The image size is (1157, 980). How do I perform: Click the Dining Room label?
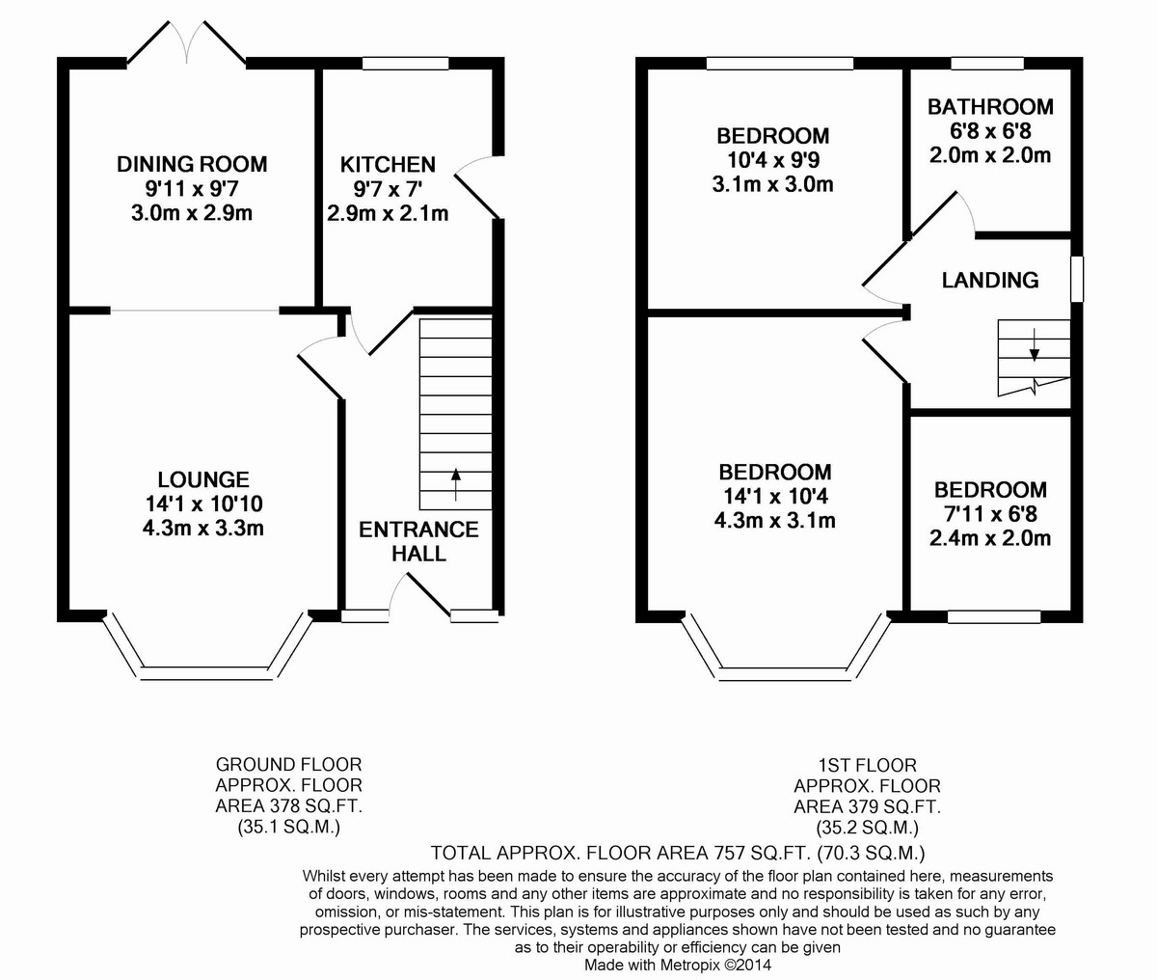pos(192,165)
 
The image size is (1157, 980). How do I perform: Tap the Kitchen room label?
pos(388,165)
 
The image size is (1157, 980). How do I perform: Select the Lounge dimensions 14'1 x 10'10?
pos(203,504)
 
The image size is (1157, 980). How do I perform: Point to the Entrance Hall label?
pos(418,541)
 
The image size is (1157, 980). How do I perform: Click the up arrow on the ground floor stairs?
pos(456,484)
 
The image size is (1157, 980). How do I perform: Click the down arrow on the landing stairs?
pos(1035,344)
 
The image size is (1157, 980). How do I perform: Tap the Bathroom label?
pos(990,107)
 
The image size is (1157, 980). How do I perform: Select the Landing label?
pos(990,280)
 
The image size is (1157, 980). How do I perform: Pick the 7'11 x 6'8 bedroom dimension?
pos(990,514)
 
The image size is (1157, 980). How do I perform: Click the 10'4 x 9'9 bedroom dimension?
pos(773,160)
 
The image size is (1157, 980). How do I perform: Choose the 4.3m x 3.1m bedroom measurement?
pos(774,521)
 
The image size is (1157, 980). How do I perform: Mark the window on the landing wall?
pos(1077,279)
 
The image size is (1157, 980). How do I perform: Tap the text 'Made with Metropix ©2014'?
pos(678,965)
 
